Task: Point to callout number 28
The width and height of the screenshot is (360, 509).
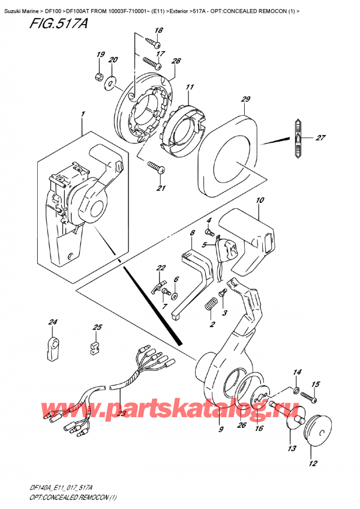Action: point(176,62)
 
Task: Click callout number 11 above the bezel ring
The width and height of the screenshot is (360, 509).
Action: point(190,88)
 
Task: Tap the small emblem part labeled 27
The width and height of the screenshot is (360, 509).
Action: point(298,138)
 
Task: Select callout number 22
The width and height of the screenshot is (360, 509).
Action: point(161,268)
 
